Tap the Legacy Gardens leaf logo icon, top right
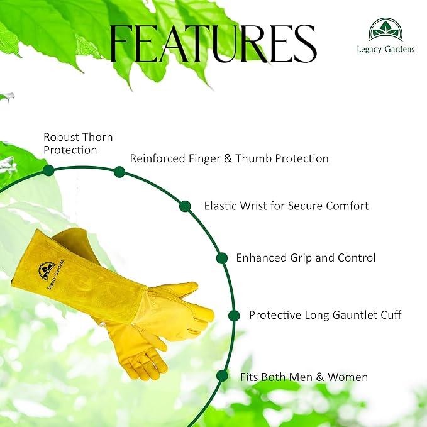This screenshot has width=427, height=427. pos(385,30)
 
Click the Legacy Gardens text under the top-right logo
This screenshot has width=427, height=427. pos(385,50)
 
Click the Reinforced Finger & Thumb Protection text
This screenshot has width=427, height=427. pos(229,158)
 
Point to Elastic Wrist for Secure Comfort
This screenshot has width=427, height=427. pos(286,206)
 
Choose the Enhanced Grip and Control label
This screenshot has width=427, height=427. pos(306,258)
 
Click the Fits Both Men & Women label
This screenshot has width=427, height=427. pos(304,377)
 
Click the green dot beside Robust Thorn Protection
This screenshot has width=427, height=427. pos(48,170)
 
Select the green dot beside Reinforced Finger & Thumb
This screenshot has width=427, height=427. pos(119,172)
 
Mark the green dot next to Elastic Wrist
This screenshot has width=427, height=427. pos(185,206)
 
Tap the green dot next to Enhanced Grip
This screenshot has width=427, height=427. pos(221,258)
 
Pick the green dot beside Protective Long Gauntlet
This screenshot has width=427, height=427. pos(234,316)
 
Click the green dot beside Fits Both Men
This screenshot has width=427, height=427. pos(221,376)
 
